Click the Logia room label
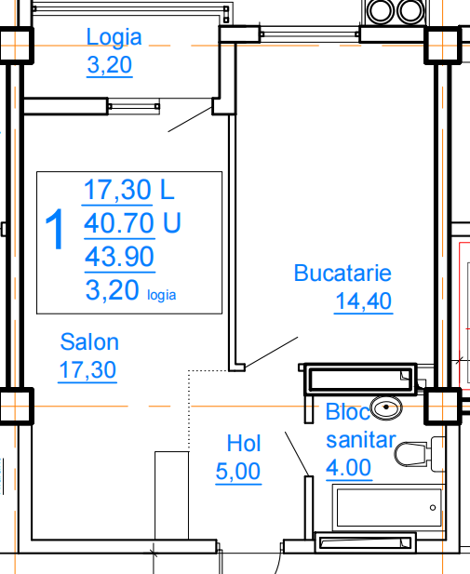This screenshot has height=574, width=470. pyautogui.click(x=114, y=38)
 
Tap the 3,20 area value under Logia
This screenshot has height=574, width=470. pyautogui.click(x=110, y=65)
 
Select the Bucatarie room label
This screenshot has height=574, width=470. pyautogui.click(x=342, y=274)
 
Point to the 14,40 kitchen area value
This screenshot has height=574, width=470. pyautogui.click(x=363, y=300)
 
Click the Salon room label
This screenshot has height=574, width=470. pyautogui.click(x=89, y=342)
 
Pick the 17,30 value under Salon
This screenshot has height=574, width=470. pyautogui.click(x=87, y=369)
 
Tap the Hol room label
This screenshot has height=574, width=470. pyautogui.click(x=244, y=444)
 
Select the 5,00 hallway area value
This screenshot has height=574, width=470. pyautogui.click(x=238, y=471)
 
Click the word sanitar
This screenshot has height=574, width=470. pyautogui.click(x=361, y=440)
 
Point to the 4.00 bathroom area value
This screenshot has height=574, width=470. pyautogui.click(x=349, y=467)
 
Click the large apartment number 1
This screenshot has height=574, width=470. pyautogui.click(x=55, y=230)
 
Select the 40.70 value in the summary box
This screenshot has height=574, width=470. pyautogui.click(x=119, y=223)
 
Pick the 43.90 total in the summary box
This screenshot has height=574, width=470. pyautogui.click(x=119, y=257)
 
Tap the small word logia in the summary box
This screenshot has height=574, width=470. pyautogui.click(x=162, y=295)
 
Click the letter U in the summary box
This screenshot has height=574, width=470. pyautogui.click(x=172, y=223)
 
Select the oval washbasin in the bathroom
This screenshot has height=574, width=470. pyautogui.click(x=386, y=407)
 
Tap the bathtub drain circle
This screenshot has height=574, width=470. pyautogui.click(x=433, y=508)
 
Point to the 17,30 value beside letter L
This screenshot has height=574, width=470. pyautogui.click(x=117, y=190)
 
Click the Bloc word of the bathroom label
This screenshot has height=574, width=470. pyautogui.click(x=348, y=412)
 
